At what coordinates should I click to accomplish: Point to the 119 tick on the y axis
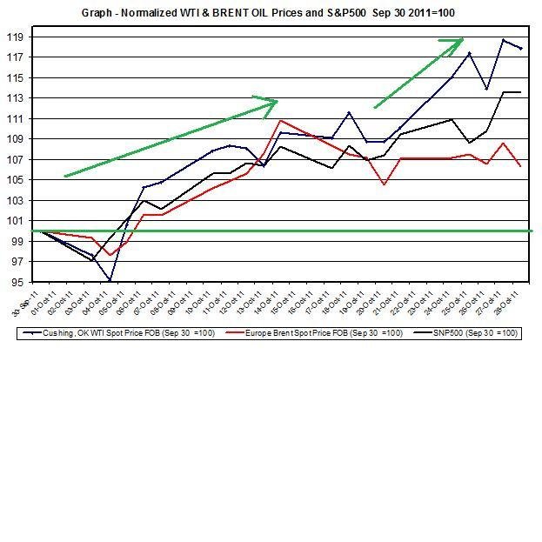point(17,37)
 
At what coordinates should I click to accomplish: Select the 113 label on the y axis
point(17,98)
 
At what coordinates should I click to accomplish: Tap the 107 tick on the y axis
point(17,159)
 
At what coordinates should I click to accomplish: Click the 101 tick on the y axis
point(17,221)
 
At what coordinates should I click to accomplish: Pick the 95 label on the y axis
point(17,283)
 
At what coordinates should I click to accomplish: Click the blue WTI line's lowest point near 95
point(110,280)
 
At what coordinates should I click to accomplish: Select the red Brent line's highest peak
point(279,120)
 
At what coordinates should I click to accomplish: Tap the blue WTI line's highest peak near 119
point(503,40)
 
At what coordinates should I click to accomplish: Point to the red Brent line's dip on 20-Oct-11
point(384,184)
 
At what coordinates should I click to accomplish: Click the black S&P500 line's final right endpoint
point(520,92)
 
